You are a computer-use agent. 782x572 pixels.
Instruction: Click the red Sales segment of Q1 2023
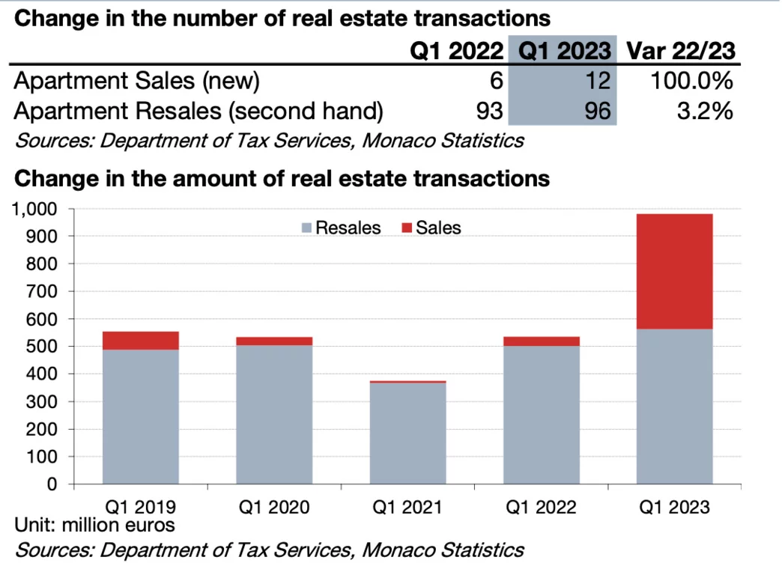tap(674, 271)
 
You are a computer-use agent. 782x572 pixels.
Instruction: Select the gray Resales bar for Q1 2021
tap(407, 433)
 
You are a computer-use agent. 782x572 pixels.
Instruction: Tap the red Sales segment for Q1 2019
tap(140, 341)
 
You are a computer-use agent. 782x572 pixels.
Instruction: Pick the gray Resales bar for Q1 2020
tap(274, 430)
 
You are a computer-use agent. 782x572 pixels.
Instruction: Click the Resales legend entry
tap(341, 228)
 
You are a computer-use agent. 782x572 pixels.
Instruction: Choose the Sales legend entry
tap(431, 228)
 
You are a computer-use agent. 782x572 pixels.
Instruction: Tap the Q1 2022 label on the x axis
tap(541, 508)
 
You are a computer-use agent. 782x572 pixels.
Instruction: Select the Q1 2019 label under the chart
tap(140, 508)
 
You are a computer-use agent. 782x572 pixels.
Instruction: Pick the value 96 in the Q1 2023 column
tap(596, 112)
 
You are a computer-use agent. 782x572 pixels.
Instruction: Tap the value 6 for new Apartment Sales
tap(497, 81)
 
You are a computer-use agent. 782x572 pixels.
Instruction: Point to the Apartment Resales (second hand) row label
tap(198, 112)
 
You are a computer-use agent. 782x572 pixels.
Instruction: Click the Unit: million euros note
tap(94, 525)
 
